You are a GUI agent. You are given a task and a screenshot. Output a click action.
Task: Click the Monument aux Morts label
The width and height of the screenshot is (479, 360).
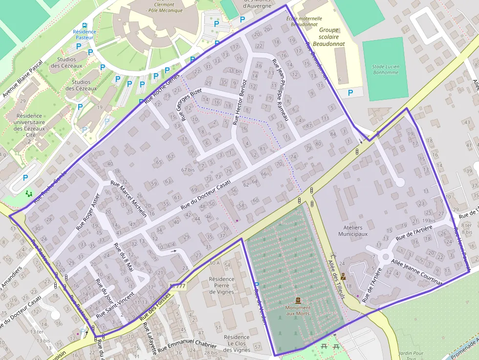298,310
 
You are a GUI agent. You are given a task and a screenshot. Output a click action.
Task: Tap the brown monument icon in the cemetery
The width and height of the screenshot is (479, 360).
298,300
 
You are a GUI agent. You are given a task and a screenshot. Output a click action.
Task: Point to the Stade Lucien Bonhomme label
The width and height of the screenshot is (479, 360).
385,69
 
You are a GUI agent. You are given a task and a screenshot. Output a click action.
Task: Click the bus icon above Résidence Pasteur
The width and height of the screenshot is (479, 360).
85,25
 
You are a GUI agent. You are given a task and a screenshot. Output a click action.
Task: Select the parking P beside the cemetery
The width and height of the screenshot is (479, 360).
257,285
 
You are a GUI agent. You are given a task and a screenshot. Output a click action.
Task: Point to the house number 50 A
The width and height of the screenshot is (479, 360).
214,263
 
